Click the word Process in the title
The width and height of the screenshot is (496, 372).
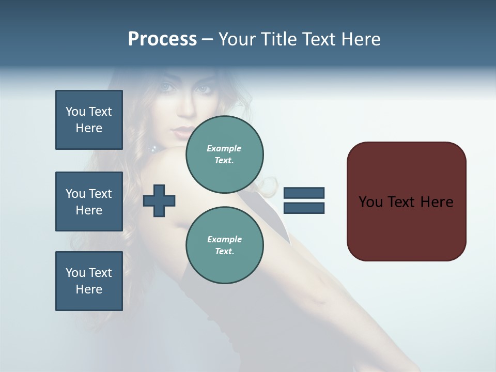(x=162, y=39)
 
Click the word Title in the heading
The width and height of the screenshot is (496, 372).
(x=278, y=39)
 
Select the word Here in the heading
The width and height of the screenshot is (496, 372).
(x=360, y=39)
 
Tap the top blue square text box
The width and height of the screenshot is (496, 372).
(x=89, y=120)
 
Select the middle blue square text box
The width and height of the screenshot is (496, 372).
(x=89, y=202)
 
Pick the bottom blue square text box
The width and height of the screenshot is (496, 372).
(x=89, y=281)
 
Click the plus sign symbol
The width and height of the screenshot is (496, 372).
(x=159, y=200)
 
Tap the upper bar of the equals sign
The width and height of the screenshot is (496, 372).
(x=304, y=193)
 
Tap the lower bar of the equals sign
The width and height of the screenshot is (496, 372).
(x=304, y=208)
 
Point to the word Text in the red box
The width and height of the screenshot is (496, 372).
(x=402, y=202)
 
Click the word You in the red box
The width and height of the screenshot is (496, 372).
(x=370, y=202)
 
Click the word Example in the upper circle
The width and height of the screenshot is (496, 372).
(x=224, y=148)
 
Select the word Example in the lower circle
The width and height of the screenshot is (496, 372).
(x=224, y=239)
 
